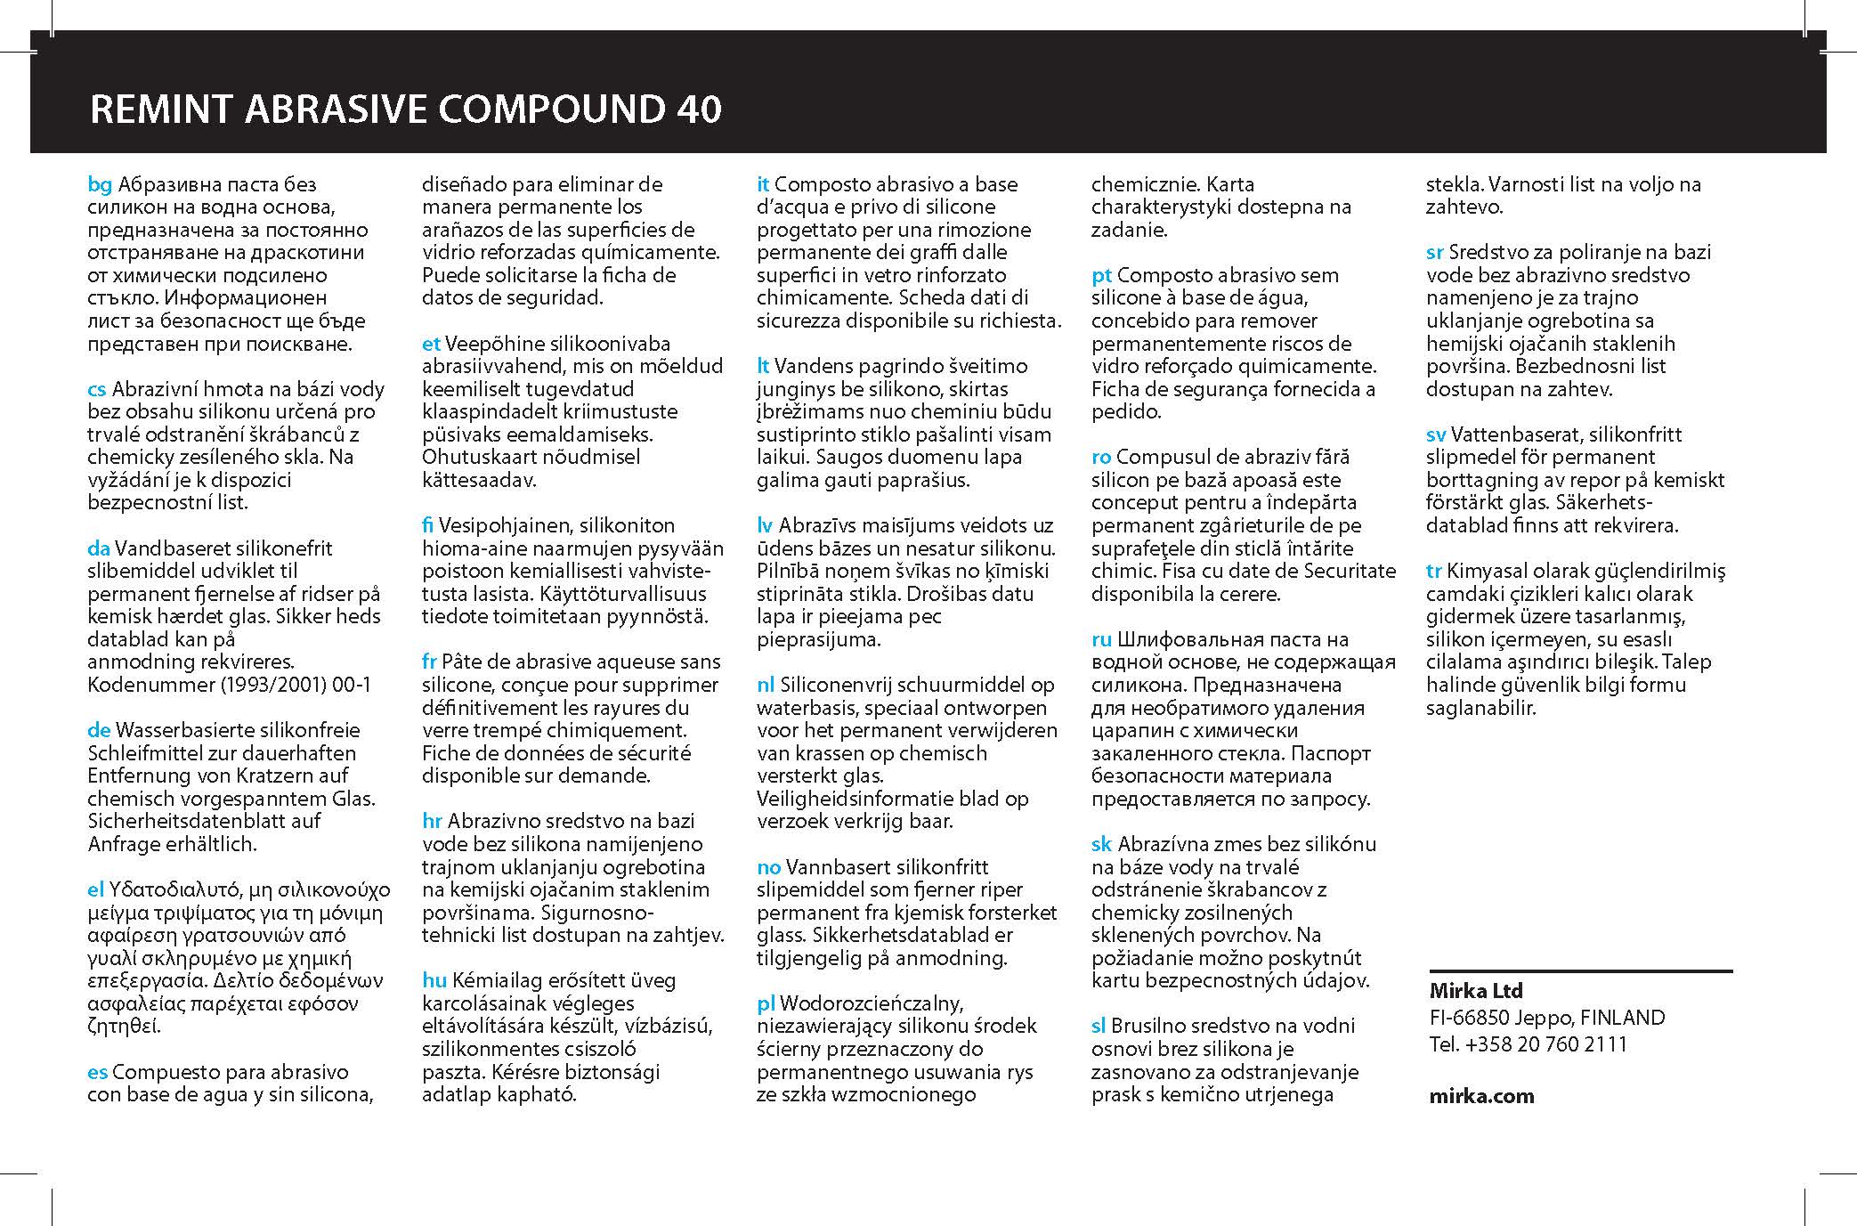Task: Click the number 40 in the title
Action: [693, 109]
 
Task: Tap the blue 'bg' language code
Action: [100, 185]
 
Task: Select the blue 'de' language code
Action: [98, 730]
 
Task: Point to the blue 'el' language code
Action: [96, 889]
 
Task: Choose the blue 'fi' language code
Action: [430, 525]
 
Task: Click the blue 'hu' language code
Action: [434, 980]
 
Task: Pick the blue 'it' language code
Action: [763, 184]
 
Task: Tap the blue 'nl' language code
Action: [766, 685]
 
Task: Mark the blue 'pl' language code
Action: [766, 1003]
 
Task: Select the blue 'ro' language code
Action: [1101, 457]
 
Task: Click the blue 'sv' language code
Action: [1436, 434]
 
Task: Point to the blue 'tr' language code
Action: [1433, 571]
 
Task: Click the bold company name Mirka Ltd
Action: [1476, 990]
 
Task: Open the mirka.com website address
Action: [1481, 1096]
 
